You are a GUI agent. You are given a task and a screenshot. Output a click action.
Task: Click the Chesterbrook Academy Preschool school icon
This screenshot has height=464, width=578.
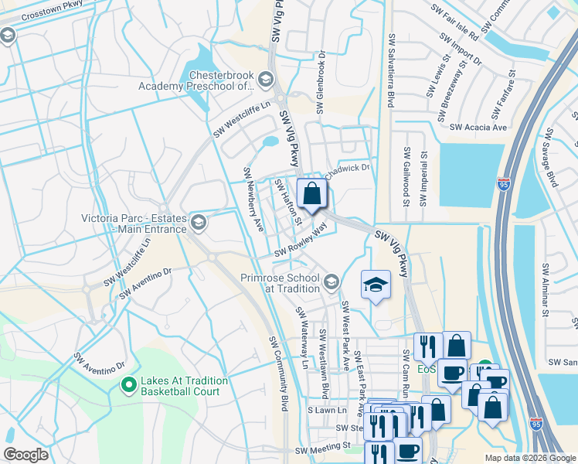click(265, 79)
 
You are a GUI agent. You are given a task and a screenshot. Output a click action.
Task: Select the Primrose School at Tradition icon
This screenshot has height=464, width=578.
click(331, 282)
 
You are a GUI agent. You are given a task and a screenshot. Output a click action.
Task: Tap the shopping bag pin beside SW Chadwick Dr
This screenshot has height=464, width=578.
click(311, 195)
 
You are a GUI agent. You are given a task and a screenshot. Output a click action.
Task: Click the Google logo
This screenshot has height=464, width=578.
click(25, 455)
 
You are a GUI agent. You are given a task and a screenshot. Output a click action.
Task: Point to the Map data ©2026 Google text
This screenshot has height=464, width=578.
click(529, 458)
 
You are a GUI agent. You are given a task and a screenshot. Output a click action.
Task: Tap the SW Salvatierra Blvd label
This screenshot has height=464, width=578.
click(393, 70)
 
